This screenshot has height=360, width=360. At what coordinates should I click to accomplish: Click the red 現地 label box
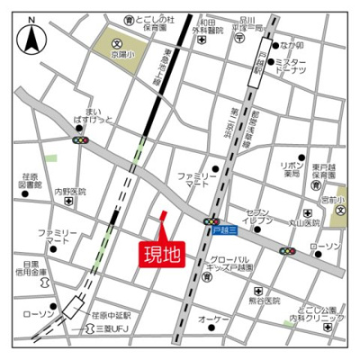point(161,253)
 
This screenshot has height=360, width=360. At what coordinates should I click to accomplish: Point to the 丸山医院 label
point(305,223)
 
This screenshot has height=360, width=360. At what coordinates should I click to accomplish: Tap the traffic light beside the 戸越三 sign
point(212,221)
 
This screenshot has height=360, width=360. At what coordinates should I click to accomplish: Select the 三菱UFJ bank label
point(114,329)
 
